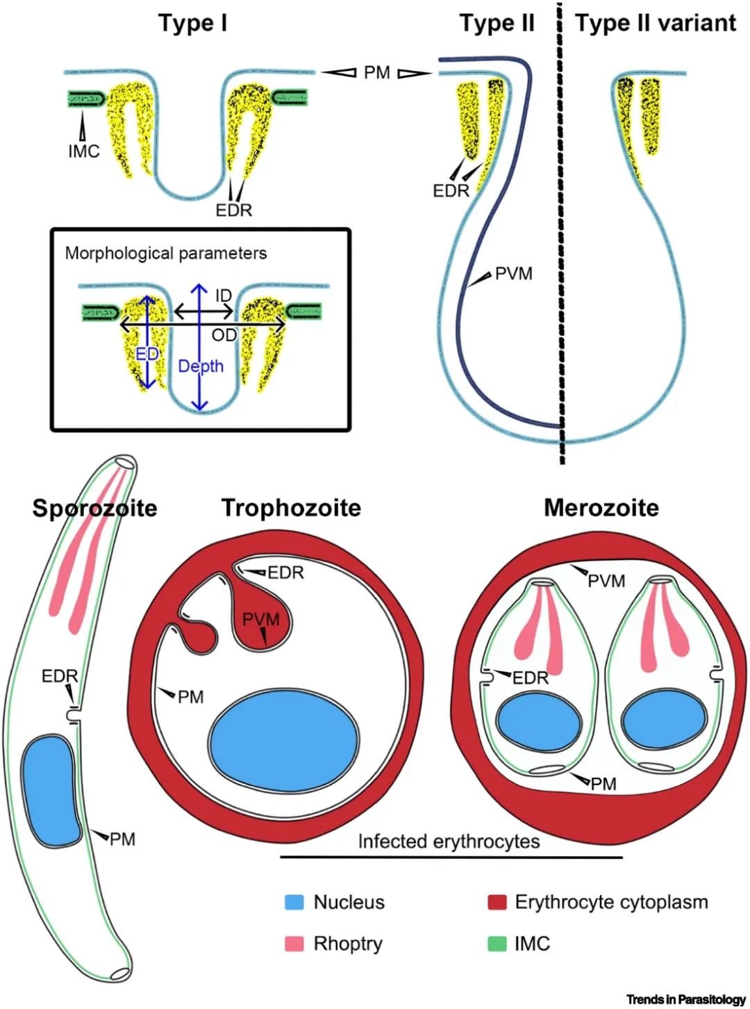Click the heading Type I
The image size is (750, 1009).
(192, 23)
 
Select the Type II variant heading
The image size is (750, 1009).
(655, 23)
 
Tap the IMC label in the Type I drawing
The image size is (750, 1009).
(84, 151)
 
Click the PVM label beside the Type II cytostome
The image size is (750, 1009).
(513, 274)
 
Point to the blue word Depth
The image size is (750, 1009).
(201, 366)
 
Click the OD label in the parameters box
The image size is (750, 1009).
(224, 336)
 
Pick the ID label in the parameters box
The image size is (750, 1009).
(223, 296)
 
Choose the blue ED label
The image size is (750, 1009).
(147, 354)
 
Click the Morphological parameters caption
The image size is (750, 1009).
(165, 253)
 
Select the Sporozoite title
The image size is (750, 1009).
(94, 508)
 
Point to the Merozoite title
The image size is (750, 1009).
(601, 508)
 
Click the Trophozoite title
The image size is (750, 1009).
(291, 508)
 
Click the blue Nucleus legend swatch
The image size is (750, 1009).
(294, 903)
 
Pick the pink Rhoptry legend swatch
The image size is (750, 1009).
(294, 944)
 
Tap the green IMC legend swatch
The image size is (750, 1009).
(497, 944)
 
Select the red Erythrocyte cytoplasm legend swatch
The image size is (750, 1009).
(497, 903)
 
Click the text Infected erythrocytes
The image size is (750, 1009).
(449, 842)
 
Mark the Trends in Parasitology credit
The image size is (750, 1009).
(685, 999)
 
